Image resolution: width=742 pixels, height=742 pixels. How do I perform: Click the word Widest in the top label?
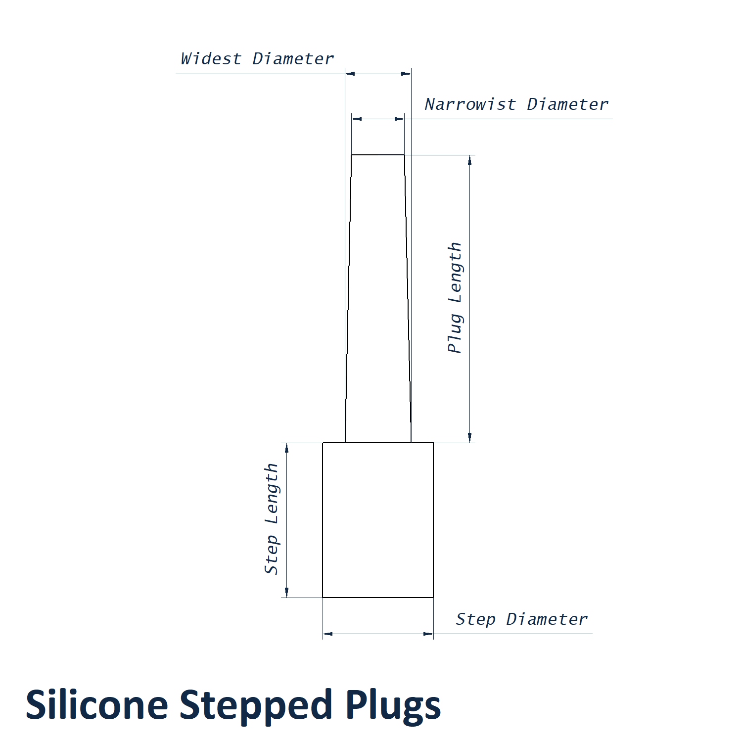[x=211, y=59]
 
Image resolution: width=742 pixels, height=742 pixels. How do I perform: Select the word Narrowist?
[x=470, y=104]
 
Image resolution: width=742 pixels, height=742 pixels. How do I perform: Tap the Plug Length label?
[x=455, y=298]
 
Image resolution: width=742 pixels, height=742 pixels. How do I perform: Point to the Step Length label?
[x=272, y=519]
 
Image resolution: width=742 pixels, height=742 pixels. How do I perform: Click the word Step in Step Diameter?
[x=475, y=619]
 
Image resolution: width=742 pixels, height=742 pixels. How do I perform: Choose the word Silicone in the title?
[x=97, y=705]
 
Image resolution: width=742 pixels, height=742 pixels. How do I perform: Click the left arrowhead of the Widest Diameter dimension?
[x=350, y=74]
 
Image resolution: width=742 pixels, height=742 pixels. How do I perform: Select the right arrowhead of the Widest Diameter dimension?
[x=406, y=74]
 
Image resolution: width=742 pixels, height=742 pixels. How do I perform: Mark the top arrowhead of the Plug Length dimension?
[x=469, y=160]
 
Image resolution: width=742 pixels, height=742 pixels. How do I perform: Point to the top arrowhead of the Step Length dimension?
[x=286, y=448]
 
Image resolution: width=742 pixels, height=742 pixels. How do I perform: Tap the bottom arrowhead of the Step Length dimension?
[x=286, y=592]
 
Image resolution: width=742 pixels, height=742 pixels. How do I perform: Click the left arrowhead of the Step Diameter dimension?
[x=327, y=634]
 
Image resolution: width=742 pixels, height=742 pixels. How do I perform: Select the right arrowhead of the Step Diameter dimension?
[x=428, y=634]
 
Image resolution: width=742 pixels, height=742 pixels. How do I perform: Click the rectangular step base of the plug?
[x=378, y=520]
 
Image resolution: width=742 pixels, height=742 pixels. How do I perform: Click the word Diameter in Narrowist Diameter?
[x=567, y=104]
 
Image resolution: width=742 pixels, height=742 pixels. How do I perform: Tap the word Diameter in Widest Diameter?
[x=293, y=59]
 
